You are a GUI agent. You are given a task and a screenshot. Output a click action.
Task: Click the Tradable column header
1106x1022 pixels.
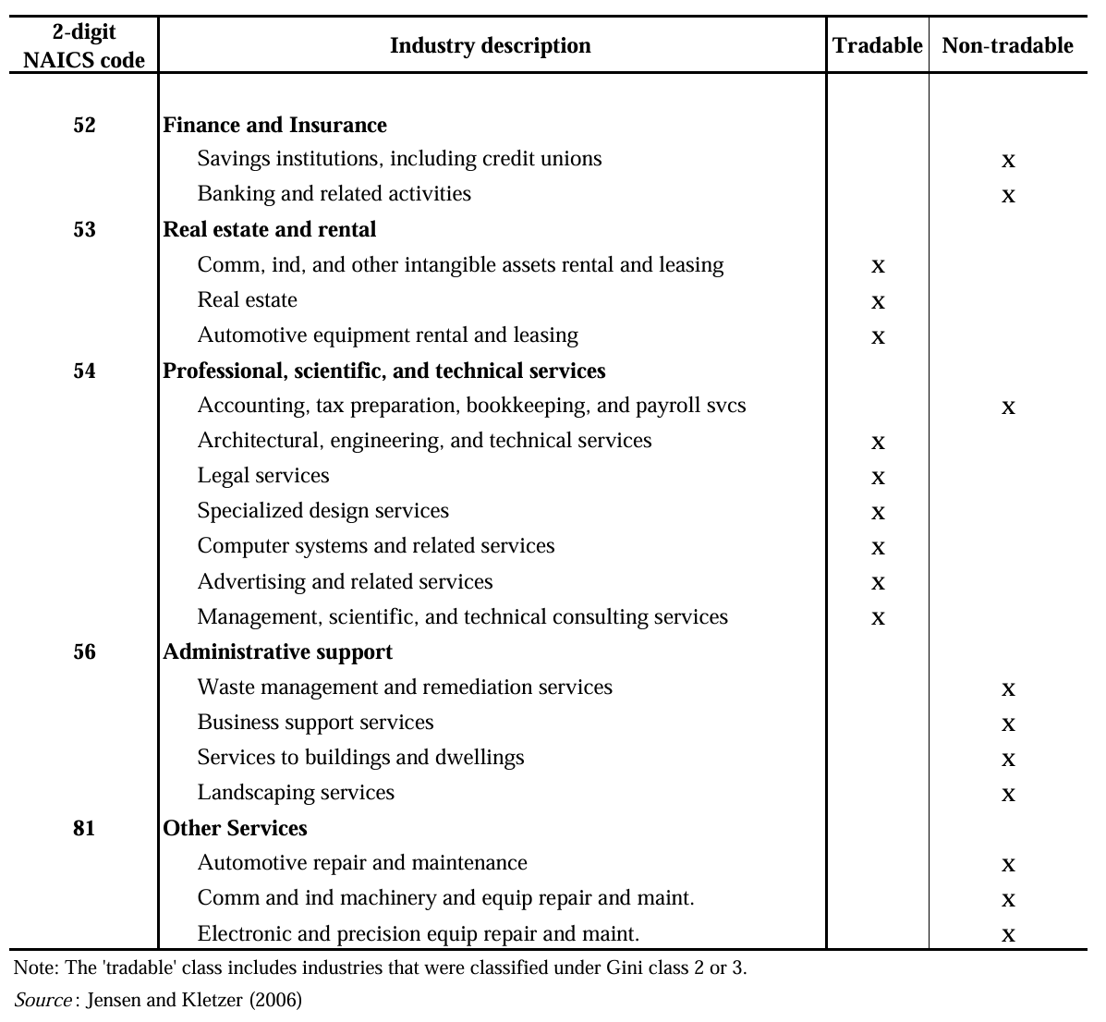click(x=877, y=45)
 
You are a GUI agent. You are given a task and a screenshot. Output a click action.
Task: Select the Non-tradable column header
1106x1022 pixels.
click(x=1007, y=45)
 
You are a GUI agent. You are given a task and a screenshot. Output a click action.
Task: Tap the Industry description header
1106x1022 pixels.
click(x=490, y=45)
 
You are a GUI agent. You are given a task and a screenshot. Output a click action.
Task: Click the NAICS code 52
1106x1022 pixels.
click(x=84, y=125)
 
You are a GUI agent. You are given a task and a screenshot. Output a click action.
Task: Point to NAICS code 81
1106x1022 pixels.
click(x=84, y=828)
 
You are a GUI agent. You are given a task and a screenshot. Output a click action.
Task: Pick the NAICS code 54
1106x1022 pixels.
click(x=84, y=371)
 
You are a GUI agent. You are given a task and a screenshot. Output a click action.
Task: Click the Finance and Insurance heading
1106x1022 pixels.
click(x=274, y=125)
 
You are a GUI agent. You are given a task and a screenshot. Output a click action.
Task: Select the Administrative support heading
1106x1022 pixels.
click(x=277, y=651)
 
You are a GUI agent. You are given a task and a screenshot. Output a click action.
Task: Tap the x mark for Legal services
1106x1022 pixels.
click(x=878, y=478)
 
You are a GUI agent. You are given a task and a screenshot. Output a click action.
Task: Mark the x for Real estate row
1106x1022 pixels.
click(x=878, y=302)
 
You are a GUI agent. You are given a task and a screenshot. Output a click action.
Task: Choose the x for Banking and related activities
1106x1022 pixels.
click(x=1008, y=196)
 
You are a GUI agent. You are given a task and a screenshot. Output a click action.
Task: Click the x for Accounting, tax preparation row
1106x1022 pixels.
click(x=1008, y=408)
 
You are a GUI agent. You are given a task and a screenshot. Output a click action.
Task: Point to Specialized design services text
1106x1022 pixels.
click(x=322, y=511)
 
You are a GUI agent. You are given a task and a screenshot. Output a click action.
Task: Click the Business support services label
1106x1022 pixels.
click(x=315, y=723)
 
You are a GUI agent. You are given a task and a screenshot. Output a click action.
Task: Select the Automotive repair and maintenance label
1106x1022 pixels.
click(x=362, y=863)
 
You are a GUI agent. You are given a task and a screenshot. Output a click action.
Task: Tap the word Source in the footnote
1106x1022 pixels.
click(x=43, y=1000)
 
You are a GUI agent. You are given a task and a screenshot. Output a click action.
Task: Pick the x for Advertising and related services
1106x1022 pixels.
click(x=878, y=583)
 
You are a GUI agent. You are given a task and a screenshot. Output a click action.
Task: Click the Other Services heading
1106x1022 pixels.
click(x=235, y=828)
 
